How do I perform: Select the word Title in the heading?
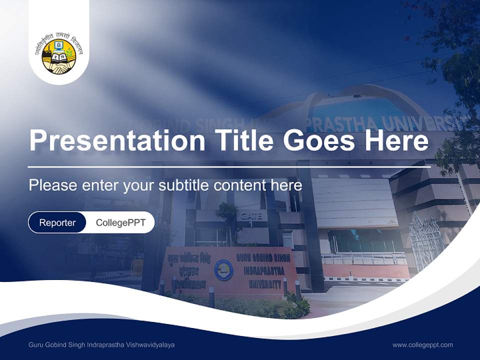point(242,140)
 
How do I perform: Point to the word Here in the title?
point(396,140)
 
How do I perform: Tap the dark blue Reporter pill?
point(57,222)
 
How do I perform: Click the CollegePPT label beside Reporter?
point(120,222)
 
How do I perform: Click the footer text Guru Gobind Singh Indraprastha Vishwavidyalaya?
point(101,345)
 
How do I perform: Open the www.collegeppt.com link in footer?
point(422,345)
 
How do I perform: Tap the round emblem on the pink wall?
point(223,270)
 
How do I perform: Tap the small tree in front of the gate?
point(227,215)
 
